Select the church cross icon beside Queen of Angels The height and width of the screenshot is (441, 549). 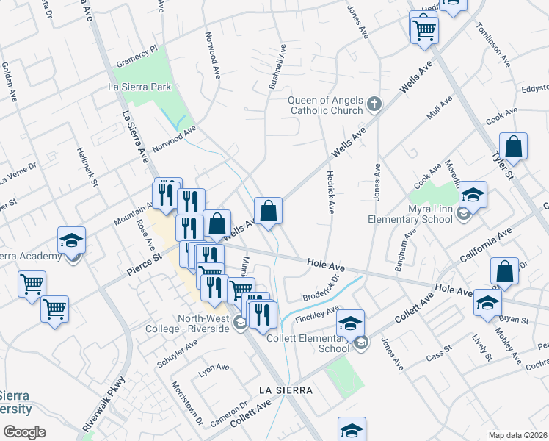(375, 104)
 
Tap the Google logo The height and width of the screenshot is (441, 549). (24, 432)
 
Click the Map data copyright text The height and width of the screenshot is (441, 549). (517, 434)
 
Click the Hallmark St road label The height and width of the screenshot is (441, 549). (87, 167)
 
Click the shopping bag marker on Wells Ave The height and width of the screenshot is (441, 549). (269, 212)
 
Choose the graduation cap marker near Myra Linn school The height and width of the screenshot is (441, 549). (473, 196)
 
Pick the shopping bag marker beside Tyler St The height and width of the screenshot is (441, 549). (514, 146)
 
